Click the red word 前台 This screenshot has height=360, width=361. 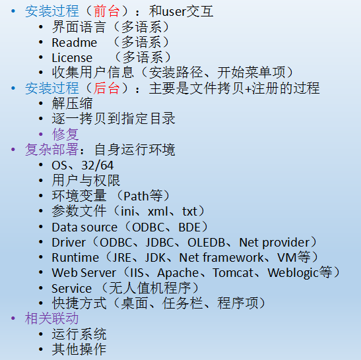106,11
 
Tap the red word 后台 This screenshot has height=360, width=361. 106,88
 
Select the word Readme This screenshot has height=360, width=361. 75,43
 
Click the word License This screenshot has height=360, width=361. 72,58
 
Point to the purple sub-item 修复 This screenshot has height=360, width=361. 65,135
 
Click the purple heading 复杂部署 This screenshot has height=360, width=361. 51,150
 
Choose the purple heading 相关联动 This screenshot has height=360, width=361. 51,318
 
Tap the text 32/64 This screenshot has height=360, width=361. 98,165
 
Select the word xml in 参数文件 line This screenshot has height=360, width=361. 158,212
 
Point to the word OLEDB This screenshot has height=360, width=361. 207,243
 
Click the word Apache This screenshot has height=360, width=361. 178,273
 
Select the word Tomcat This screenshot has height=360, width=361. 233,273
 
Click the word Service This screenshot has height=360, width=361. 71,288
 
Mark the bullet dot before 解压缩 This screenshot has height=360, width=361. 41,104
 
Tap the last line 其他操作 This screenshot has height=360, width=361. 79,349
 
